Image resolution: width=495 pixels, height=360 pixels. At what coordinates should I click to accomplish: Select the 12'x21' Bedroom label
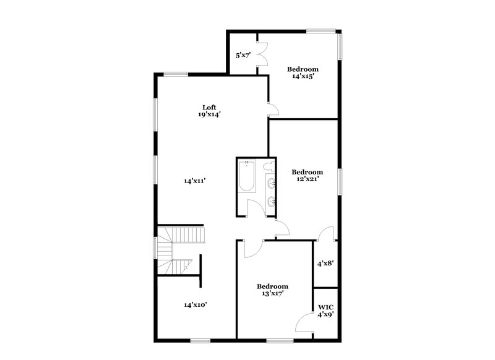point(308,176)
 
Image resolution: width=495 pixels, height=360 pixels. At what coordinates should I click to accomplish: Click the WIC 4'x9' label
point(326,311)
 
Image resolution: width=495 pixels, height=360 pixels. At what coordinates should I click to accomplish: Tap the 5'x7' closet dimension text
point(243,56)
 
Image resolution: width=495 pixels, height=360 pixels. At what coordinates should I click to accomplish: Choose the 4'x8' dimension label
point(325,263)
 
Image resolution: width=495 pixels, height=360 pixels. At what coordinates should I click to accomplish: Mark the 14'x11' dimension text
point(194,181)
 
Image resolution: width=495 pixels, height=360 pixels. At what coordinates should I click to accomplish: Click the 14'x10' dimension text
point(194,305)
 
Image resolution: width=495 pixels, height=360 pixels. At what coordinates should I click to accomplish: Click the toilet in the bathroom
point(268,166)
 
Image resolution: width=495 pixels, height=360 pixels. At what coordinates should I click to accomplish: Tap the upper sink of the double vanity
point(272,182)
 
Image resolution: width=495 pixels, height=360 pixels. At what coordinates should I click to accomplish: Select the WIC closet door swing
point(306,323)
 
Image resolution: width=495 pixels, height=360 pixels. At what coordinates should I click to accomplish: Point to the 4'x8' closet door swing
point(326,234)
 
